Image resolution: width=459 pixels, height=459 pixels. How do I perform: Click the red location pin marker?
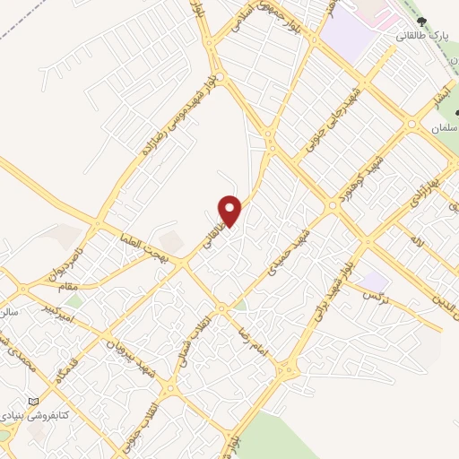pos(230,210)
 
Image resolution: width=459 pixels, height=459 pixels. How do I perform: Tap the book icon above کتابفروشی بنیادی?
pos(34,401)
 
